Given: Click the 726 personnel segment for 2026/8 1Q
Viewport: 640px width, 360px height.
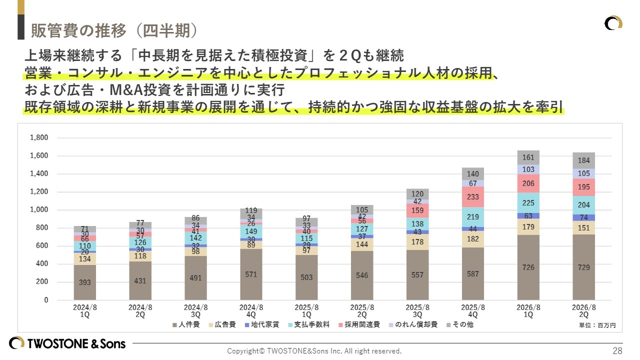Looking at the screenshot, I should pos(528,267).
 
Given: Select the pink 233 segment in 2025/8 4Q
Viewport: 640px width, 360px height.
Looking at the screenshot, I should pos(472,197).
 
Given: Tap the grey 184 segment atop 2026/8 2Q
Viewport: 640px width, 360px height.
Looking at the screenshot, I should pos(583,160).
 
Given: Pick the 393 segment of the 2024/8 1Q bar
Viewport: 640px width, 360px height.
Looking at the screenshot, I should pos(85,282).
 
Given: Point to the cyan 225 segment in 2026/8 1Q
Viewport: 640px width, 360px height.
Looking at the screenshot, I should pos(528,203).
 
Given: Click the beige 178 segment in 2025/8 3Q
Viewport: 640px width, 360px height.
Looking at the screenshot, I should pos(417,242).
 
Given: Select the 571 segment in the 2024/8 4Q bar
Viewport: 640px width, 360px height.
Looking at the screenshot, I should pos(251,274).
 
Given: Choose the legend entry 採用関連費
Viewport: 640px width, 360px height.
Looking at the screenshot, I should pos(359,325).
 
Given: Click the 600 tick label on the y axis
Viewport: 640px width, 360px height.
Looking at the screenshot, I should pos(42,246).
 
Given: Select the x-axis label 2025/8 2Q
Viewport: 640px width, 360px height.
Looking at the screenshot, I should pos(362,311).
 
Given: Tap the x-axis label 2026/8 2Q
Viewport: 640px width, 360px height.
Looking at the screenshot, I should pos(583,311).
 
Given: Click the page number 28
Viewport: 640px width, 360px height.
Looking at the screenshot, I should pos(617,350).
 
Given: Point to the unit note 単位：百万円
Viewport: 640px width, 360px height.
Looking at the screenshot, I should pos(597,325).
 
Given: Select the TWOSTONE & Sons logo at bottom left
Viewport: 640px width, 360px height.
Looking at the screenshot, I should pos(67,343).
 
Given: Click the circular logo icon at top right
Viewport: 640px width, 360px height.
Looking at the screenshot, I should pos(613,23).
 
